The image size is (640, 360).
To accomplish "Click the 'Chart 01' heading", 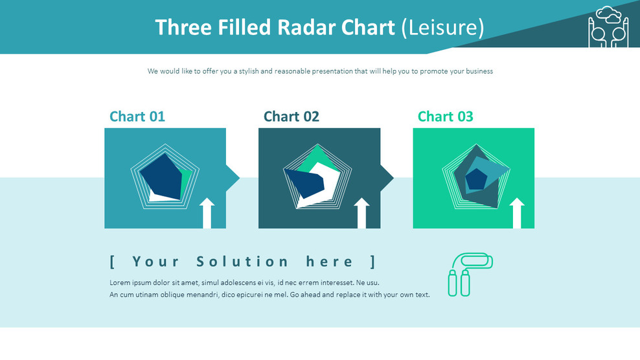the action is point(137,117).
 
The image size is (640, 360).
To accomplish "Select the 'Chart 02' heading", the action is point(291,117).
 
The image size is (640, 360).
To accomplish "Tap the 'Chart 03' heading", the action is point(445,117).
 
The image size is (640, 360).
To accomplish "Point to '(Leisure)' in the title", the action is point(443,28).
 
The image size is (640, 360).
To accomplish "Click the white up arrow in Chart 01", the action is point(207,213).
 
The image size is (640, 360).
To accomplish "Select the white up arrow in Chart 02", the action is point(361,213).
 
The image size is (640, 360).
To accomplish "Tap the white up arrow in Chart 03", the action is point(517,213).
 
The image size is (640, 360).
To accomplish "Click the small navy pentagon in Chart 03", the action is point(476,179).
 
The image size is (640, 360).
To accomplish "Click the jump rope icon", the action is point(470,275).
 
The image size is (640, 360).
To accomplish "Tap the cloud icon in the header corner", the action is point(608,15).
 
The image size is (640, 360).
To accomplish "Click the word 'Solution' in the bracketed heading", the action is point(242,262).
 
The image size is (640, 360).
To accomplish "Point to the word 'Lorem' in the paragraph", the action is point(119,282).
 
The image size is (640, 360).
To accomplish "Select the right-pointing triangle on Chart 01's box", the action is point(233,178).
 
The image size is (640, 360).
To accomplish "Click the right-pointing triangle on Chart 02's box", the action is point(387,178).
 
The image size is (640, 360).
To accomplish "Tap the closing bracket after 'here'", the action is point(372,262).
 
